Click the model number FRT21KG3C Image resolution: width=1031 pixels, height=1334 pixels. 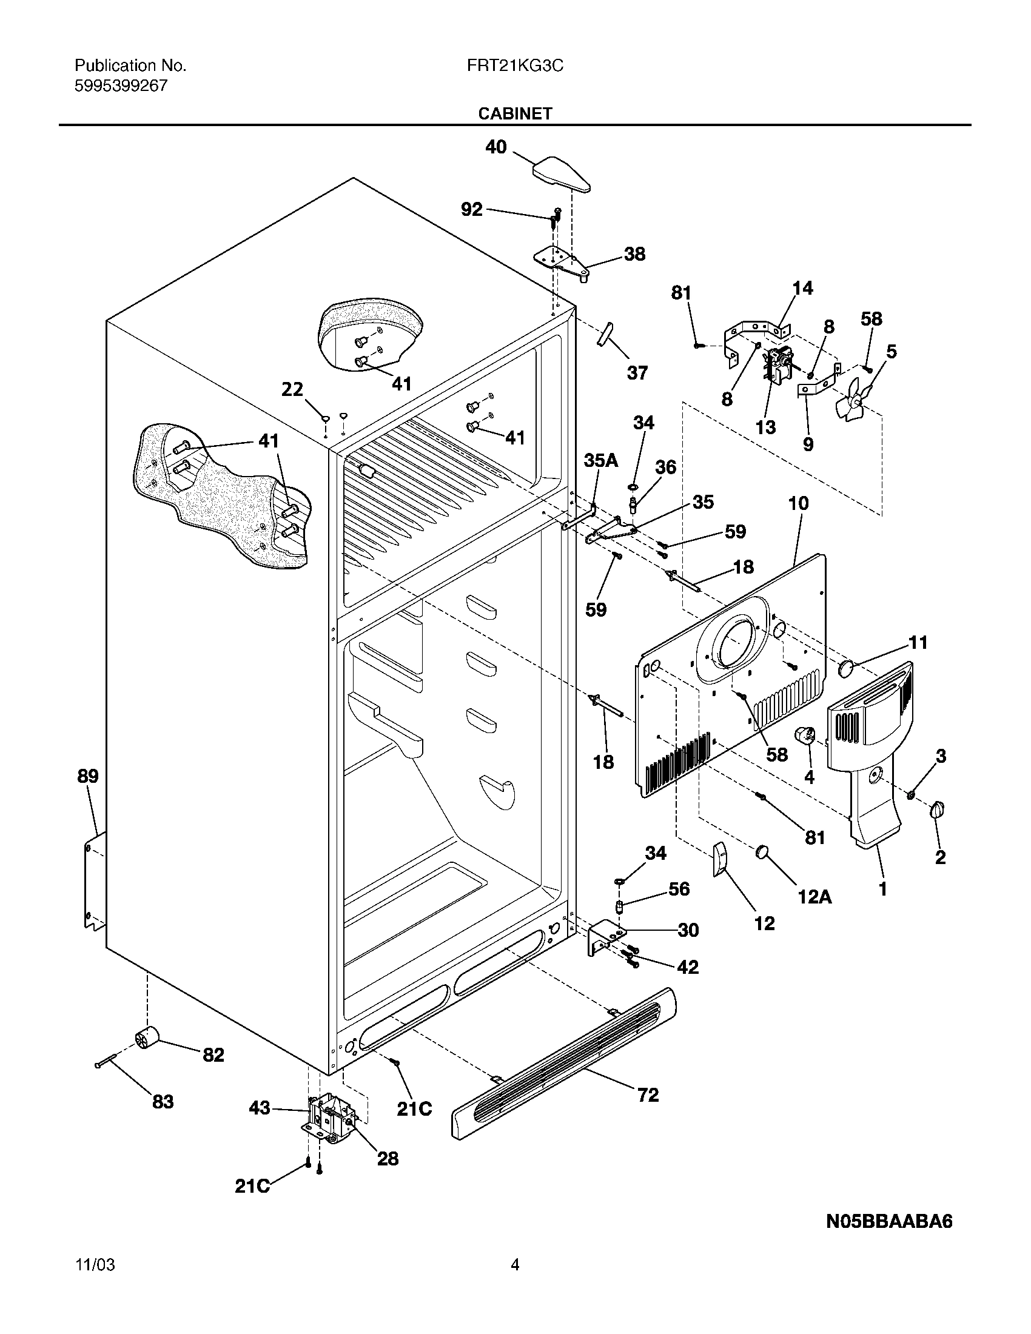(x=515, y=65)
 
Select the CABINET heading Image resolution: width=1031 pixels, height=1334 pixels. (x=515, y=113)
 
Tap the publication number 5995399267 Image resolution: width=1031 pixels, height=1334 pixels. (x=121, y=86)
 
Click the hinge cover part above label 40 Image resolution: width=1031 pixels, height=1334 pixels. (x=562, y=173)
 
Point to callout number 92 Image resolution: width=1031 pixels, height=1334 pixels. (x=471, y=210)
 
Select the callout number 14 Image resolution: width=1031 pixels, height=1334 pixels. (x=802, y=288)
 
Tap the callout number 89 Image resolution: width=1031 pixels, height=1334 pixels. (x=88, y=776)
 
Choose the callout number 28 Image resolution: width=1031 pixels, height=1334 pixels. (x=388, y=1158)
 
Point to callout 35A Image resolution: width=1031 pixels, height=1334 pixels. (x=600, y=460)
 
